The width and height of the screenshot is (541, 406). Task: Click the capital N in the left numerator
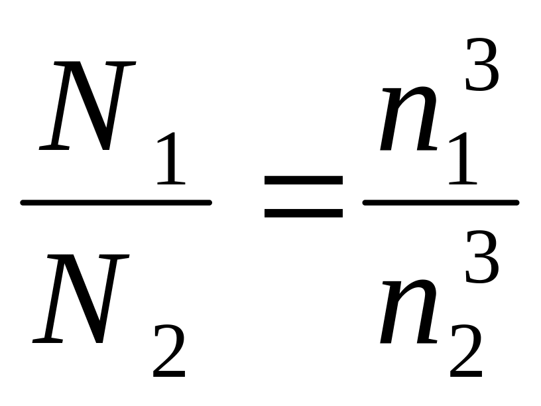[86, 106]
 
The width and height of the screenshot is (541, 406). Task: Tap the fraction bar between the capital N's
[116, 202]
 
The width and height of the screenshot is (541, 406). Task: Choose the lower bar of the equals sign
[304, 214]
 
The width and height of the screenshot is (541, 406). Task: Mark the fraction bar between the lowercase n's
[440, 202]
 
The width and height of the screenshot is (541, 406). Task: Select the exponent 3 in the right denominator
[481, 259]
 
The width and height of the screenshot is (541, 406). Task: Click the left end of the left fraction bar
[23, 202]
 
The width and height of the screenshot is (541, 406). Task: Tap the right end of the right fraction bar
[516, 202]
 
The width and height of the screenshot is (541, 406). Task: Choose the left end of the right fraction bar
[365, 202]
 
